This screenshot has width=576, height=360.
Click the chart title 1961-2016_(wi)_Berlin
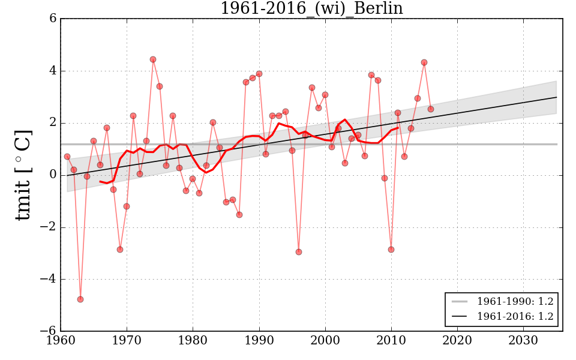tap(311, 8)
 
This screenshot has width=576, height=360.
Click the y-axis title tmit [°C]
tap(23, 175)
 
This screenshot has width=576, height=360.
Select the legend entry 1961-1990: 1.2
tap(515, 301)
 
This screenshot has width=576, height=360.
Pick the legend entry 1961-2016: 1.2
tap(515, 316)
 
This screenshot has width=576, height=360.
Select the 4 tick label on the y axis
tap(53, 71)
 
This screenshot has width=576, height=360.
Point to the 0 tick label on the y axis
tap(53, 175)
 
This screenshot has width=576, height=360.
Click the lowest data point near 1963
tap(80, 299)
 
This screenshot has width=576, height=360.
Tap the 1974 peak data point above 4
tap(153, 59)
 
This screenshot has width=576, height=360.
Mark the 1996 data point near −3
tap(298, 252)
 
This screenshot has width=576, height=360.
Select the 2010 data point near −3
tap(391, 250)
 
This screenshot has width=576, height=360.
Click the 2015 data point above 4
tap(424, 62)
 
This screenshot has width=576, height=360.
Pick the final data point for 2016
tap(431, 109)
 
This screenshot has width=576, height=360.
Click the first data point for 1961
tap(67, 157)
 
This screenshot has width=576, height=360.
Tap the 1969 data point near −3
tap(120, 250)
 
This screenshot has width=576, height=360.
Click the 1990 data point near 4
tap(259, 74)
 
